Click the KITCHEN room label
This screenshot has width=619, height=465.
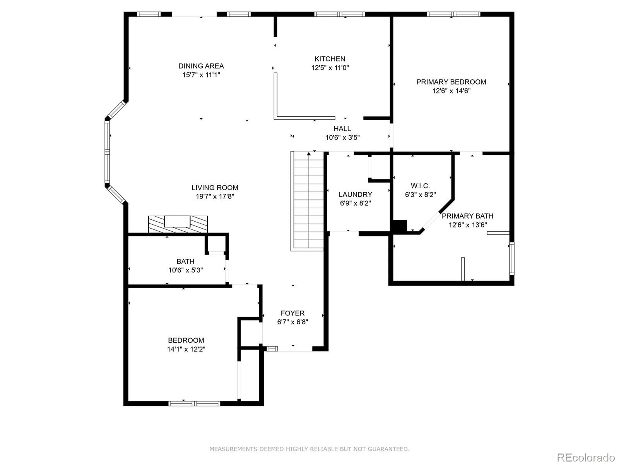coord(330,59)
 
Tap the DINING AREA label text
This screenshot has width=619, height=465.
coord(201,66)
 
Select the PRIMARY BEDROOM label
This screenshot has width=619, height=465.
coord(451,82)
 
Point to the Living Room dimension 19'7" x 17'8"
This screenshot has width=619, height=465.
coord(215,196)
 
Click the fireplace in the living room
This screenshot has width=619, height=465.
coord(178,224)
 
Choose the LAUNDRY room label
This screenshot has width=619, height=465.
coord(355,195)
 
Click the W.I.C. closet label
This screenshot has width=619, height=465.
coord(420,186)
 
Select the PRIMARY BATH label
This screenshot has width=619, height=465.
coord(467,216)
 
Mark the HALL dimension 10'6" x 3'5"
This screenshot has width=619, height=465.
coord(342,137)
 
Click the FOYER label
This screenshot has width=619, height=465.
coord(292,313)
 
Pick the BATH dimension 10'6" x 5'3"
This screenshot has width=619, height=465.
coord(185,270)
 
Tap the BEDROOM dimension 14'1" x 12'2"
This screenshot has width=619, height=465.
coord(186,349)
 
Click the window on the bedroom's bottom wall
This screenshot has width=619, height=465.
coord(194,403)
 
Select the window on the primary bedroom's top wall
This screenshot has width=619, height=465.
coord(453,14)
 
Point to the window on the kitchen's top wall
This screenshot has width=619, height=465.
coord(339,14)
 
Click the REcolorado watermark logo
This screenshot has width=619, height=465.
coord(586,457)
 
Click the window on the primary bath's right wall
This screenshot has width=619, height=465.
coord(512,258)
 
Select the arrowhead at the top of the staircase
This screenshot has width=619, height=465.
coord(309,154)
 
